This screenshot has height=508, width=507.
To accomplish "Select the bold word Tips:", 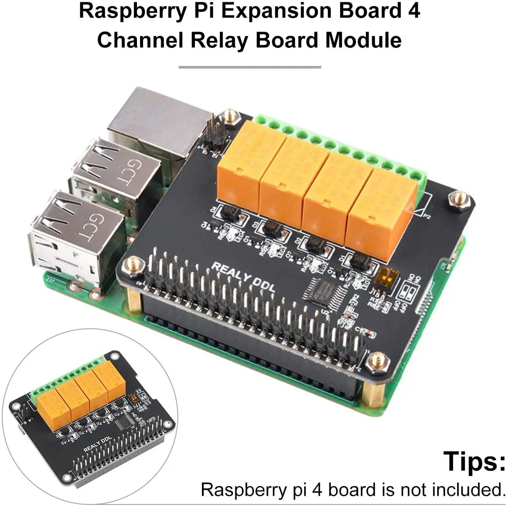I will pyautogui.click(x=474, y=461).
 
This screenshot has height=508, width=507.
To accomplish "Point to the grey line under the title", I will pyautogui.click(x=250, y=67).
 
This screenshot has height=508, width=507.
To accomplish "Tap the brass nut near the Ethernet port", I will pyautogui.click(x=230, y=117).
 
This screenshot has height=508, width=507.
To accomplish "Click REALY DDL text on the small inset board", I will pyautogui.click(x=97, y=444).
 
